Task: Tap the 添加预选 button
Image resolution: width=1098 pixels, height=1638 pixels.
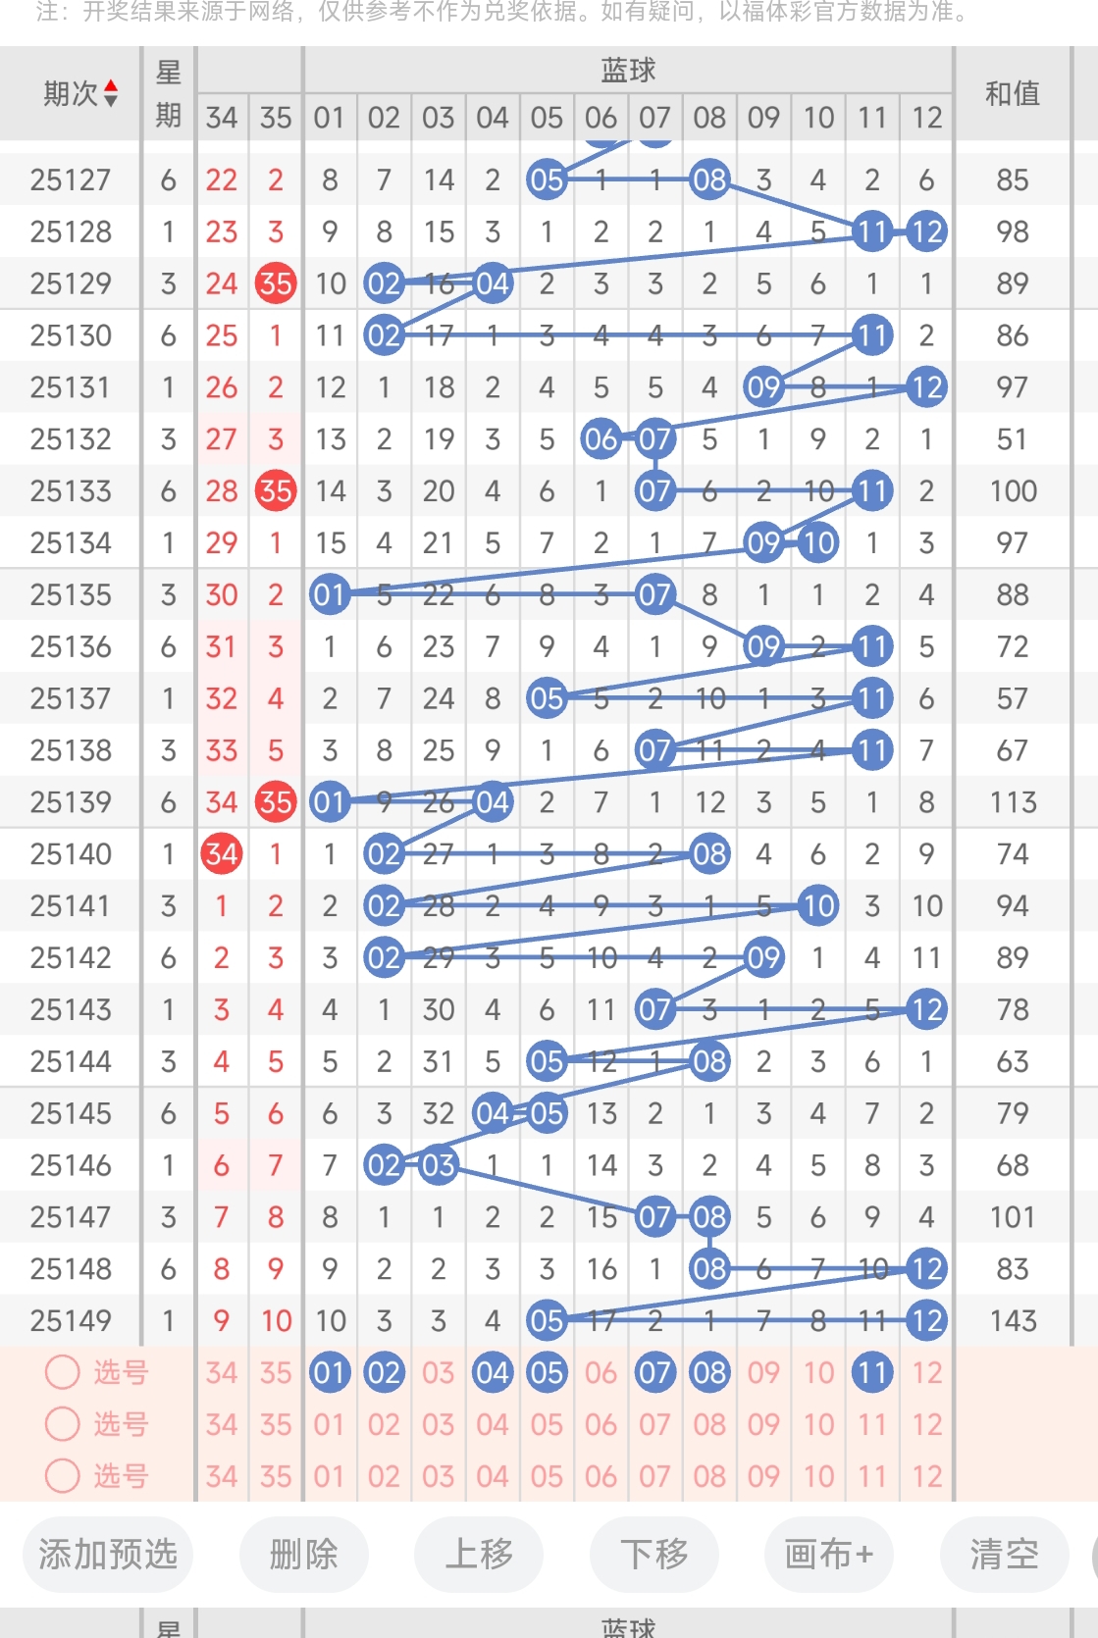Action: coord(108,1555)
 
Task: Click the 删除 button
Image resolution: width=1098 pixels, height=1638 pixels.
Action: coord(304,1555)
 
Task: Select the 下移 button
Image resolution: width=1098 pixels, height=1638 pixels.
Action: coord(654,1555)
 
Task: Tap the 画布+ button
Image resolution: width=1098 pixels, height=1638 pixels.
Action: coord(829,1555)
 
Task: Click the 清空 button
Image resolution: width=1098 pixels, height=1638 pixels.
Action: coord(1004,1555)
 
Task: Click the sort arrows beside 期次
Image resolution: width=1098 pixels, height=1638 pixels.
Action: coord(111,93)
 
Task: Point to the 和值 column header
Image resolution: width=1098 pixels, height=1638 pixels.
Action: coord(1012,93)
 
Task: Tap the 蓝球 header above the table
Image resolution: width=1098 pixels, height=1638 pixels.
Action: coord(628,70)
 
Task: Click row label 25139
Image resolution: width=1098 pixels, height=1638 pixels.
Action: coord(71,802)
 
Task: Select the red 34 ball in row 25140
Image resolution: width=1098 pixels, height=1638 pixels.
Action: coord(222,853)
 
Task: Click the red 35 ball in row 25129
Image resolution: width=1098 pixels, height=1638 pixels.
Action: coord(276,283)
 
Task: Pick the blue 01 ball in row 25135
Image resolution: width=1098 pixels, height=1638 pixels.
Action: coord(330,595)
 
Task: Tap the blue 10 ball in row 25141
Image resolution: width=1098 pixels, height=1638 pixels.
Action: coord(818,905)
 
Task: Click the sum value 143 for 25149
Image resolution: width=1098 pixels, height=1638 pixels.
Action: coord(1013,1320)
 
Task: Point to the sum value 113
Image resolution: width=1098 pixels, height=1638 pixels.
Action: coord(1013,802)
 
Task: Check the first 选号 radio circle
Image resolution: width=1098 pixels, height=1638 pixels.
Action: coord(63,1372)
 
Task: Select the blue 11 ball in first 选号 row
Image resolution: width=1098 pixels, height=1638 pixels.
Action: coord(872,1372)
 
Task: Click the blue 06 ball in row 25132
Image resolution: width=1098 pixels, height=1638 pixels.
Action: coord(601,439)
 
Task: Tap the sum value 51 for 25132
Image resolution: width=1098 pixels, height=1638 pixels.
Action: coord(1013,439)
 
